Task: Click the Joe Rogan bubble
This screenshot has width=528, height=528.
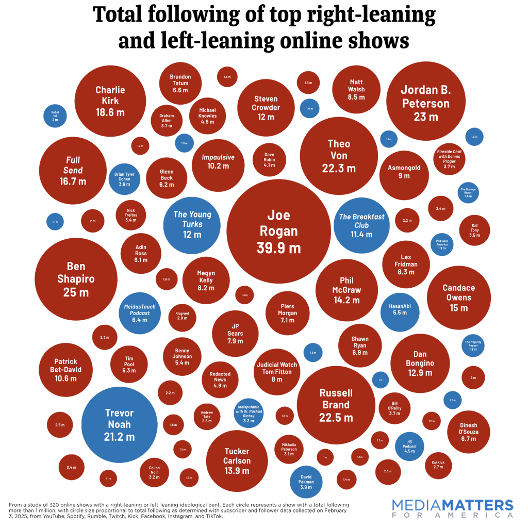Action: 278,232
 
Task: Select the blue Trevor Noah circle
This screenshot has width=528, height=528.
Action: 119,424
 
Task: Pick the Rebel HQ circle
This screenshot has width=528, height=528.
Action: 55,116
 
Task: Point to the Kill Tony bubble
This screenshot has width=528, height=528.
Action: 474,230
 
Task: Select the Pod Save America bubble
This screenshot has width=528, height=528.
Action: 441,245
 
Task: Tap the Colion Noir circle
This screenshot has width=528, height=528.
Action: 154,473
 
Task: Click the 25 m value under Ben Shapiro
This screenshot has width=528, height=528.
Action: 76,292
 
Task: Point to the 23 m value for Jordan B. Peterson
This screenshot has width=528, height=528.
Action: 425,117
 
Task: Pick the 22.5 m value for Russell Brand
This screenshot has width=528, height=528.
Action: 336,417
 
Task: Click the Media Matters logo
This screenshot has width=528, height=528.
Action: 452,508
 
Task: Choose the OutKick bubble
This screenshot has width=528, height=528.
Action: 438,464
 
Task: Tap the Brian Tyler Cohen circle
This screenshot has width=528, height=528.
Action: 124,179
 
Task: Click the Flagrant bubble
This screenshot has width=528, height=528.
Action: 182,316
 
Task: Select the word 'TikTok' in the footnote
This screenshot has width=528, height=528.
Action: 213,516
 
